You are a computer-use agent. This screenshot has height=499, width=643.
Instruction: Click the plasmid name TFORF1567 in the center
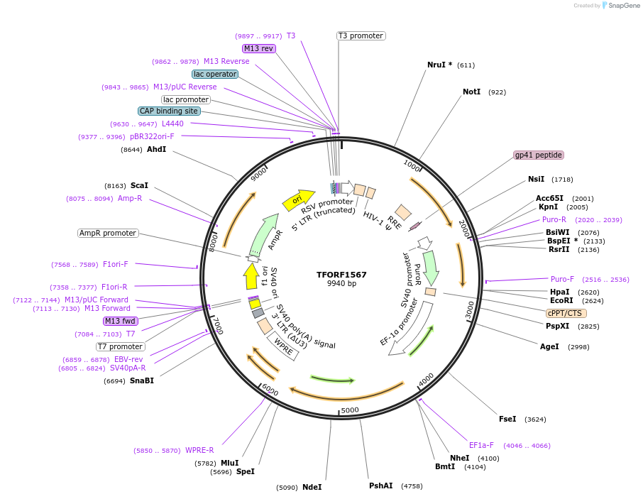341,274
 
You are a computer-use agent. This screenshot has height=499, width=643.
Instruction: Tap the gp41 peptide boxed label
539,155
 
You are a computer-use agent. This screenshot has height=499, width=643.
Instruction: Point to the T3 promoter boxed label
361,35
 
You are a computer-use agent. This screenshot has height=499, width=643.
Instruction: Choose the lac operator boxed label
215,74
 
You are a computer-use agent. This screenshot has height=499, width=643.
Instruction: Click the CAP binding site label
169,111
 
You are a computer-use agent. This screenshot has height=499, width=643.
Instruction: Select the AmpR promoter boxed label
108,233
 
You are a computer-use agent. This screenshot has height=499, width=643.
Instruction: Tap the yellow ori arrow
298,201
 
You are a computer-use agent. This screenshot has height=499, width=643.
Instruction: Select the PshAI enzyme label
380,486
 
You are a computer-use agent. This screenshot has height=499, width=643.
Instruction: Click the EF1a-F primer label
481,445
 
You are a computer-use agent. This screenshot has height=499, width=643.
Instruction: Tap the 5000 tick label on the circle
350,410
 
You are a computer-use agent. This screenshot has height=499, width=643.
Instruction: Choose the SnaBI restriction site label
141,380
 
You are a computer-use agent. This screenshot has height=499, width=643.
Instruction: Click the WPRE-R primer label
199,450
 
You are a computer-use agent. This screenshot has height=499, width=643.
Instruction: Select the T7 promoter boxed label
121,346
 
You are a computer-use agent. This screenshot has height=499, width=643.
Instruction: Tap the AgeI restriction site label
549,346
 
